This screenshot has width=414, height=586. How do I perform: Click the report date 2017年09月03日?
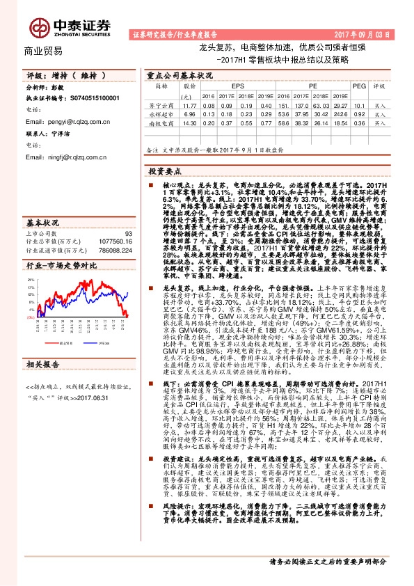click(372, 33)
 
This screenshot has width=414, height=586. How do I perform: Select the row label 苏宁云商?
click(161, 104)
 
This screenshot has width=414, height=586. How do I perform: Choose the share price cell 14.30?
click(189, 122)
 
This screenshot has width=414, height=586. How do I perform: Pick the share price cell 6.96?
click(189, 113)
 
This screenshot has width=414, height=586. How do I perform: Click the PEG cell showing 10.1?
click(359, 104)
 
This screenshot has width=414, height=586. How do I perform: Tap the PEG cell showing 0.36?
click(359, 122)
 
